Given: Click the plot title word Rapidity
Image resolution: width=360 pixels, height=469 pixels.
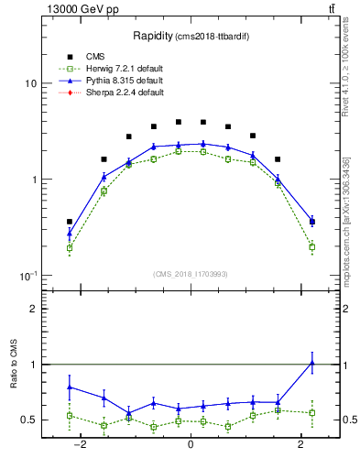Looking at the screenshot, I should [151, 36].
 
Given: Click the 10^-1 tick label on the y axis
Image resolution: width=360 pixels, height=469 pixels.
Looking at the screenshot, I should [27, 276].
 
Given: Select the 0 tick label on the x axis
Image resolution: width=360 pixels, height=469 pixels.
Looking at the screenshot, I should [191, 444].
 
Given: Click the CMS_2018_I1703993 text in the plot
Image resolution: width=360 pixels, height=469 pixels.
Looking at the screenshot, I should [191, 274].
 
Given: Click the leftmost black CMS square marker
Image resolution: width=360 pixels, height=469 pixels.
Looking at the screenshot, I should [70, 222].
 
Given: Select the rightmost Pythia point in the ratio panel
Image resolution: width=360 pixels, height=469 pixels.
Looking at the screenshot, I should [312, 363].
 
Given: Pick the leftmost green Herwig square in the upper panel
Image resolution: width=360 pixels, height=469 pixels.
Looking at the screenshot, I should [70, 247].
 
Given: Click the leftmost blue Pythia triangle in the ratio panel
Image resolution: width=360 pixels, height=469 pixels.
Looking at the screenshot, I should [70, 387].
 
